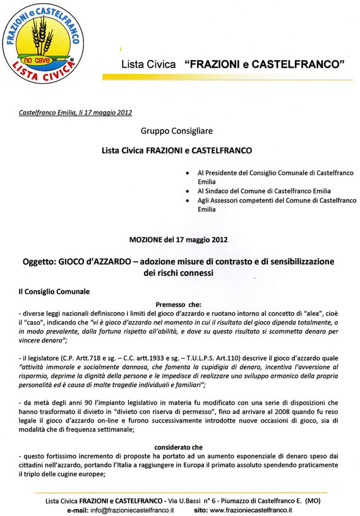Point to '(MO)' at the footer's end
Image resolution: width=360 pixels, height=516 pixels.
coord(312,500)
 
